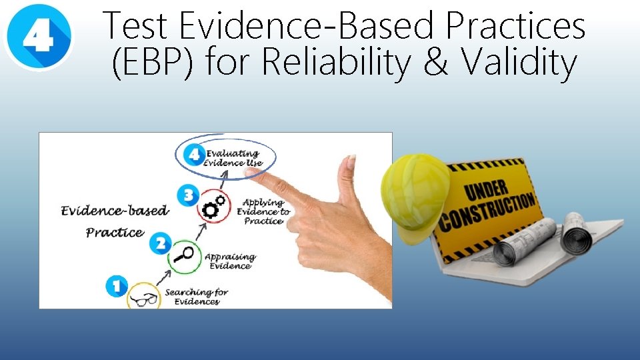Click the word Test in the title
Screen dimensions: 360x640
pos(137,27)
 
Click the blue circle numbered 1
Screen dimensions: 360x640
pos(116,287)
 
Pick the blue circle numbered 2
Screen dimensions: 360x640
pos(160,243)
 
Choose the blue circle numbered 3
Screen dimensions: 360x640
pos(189,195)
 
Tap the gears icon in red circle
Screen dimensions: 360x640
pos(213,207)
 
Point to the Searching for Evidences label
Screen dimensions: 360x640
pos(196,297)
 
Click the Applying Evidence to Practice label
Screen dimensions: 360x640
pos(263,211)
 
